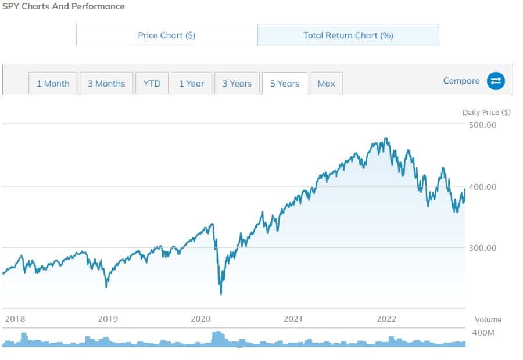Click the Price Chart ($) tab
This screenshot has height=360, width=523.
click(167, 35)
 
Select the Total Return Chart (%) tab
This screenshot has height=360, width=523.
click(348, 35)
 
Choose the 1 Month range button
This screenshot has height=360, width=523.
click(53, 84)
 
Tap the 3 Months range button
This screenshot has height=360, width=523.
click(106, 84)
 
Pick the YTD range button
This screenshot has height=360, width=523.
click(152, 84)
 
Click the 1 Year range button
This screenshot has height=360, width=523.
click(191, 84)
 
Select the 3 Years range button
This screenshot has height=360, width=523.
click(237, 84)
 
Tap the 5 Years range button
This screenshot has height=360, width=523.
click(285, 84)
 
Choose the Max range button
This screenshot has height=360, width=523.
click(326, 84)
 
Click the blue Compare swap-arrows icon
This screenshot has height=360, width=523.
click(496, 81)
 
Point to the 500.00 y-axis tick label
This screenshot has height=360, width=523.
click(482, 125)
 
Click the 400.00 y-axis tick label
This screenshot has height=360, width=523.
click(482, 187)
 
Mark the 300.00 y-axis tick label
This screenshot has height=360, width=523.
click(482, 248)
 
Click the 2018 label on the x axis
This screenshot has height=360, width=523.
click(15, 319)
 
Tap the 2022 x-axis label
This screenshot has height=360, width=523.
click(386, 319)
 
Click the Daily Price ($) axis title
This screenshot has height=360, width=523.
click(486, 113)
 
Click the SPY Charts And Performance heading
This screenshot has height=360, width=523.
click(63, 6)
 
